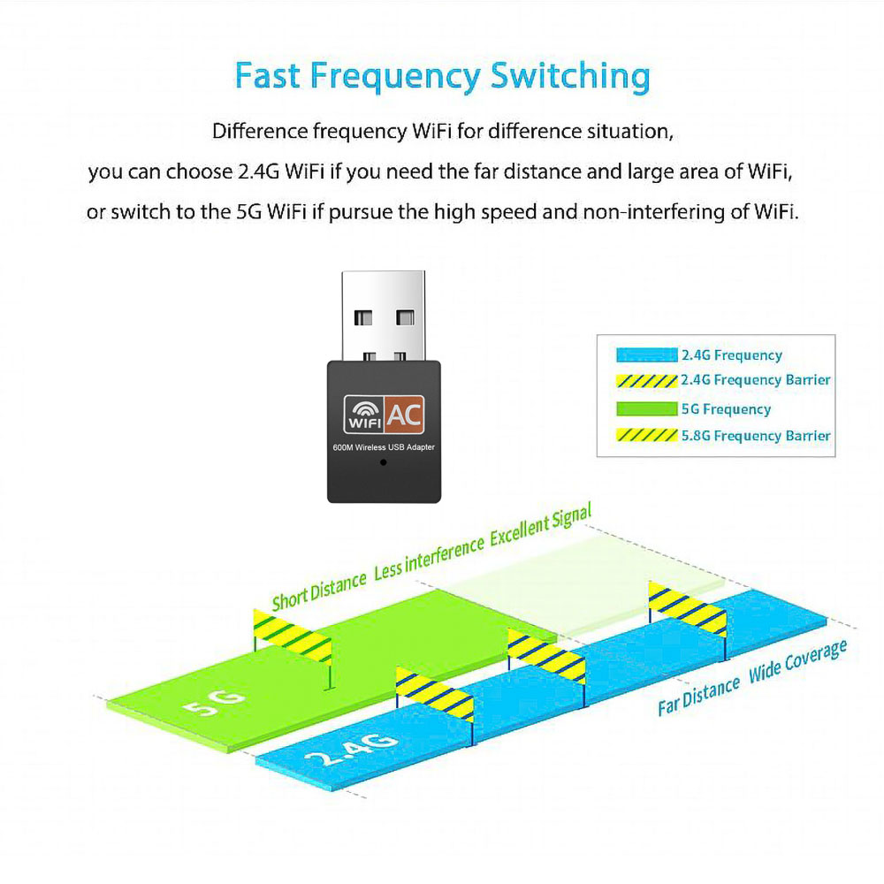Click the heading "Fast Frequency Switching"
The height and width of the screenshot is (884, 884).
(x=442, y=76)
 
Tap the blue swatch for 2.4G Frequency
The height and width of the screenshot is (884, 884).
(x=646, y=355)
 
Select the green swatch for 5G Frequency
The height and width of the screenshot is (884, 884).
(x=646, y=409)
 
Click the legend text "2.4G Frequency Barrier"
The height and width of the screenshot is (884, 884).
(x=756, y=380)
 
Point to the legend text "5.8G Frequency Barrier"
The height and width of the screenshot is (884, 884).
(x=756, y=436)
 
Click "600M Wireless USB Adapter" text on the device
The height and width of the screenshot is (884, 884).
(x=384, y=447)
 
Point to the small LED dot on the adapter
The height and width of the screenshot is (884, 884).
(x=383, y=461)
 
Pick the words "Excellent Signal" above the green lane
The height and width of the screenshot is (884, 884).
(x=540, y=526)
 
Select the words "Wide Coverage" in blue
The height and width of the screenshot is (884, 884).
(x=797, y=660)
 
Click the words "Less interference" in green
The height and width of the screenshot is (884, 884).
(x=429, y=558)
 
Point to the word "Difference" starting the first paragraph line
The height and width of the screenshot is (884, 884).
(x=261, y=133)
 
